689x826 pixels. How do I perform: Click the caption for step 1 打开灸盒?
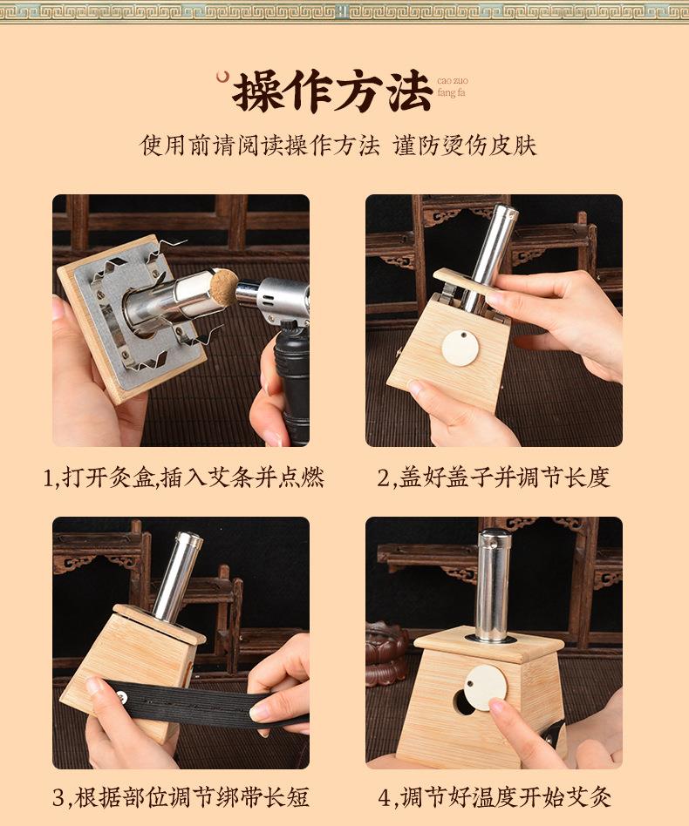click(183, 477)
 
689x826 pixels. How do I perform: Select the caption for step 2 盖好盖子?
click(493, 477)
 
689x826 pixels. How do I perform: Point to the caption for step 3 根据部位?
click(181, 796)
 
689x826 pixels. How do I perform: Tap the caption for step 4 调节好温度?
click(495, 796)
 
